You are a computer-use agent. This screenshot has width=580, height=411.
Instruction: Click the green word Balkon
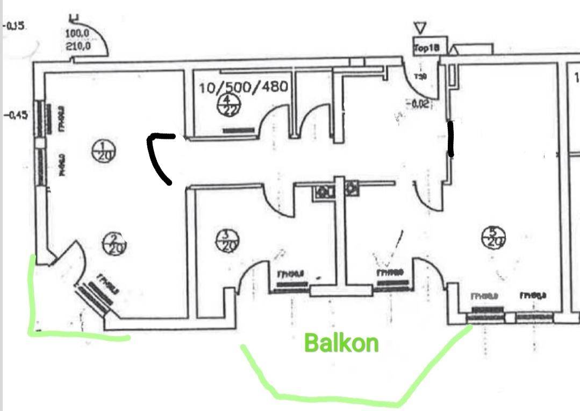341,343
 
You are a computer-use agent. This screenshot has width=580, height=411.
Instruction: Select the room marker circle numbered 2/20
113,244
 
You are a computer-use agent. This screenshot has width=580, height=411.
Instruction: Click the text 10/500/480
244,87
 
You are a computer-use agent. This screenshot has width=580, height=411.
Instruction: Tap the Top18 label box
427,48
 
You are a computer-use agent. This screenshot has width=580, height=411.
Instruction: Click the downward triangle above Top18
420,27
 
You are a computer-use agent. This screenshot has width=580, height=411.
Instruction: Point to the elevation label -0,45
15,115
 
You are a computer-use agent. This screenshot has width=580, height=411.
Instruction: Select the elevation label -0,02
419,103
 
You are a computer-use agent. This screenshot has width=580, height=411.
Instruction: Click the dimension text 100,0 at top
78,35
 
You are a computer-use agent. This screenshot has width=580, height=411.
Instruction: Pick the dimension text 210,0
78,46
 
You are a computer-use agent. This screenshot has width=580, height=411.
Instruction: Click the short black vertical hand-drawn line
451,139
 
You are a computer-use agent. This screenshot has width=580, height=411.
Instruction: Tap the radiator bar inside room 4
238,130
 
